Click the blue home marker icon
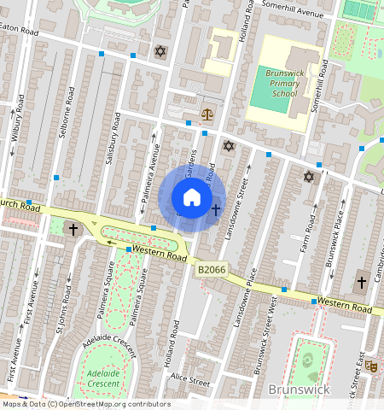click(x=192, y=198)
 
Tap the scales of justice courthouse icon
click(x=207, y=114)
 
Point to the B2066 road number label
click(x=212, y=270)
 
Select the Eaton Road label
click(x=19, y=28)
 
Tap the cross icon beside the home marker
click(x=216, y=209)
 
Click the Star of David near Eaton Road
click(x=159, y=52)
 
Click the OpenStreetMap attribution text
click(x=85, y=404)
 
